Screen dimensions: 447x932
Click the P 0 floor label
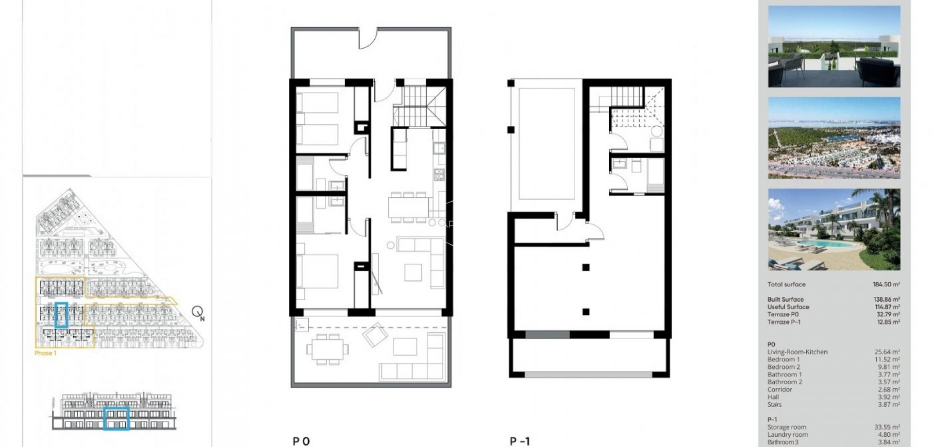(301, 441)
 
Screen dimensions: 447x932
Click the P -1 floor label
(519, 441)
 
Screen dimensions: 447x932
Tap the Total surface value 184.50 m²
(886, 284)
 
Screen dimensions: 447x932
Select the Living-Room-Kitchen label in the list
(797, 352)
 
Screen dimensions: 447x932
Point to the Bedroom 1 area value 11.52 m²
(887, 360)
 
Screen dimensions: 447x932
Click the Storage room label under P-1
(786, 427)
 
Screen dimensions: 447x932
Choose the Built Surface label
(785, 299)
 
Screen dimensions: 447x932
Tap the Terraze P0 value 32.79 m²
(888, 314)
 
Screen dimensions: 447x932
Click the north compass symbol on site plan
(198, 311)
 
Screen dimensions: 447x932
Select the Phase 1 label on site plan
(46, 353)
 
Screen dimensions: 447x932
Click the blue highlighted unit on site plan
(61, 314)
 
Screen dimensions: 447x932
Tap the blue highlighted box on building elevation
(116, 418)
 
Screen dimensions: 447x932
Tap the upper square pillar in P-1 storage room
(586, 267)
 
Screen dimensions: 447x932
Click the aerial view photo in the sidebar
(834, 138)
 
